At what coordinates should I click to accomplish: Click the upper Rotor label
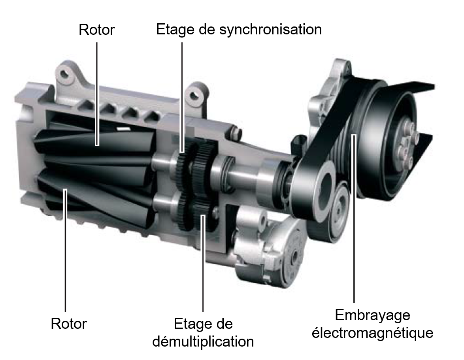[96, 30]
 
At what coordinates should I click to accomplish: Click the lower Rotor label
[69, 324]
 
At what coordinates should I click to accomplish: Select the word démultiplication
[203, 341]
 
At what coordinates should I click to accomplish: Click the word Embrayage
[373, 316]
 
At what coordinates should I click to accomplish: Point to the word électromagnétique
[373, 333]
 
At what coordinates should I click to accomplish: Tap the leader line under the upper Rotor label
[97, 94]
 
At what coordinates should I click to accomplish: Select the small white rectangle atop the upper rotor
[124, 129]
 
